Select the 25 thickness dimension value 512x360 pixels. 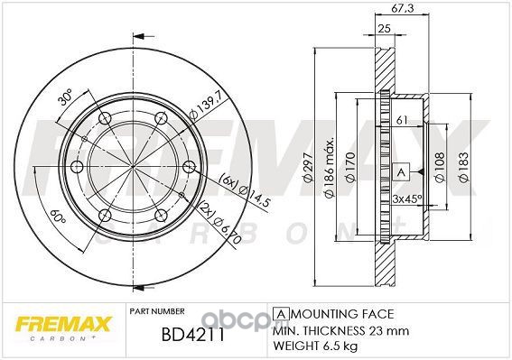tap(385, 28)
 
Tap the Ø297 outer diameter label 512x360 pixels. tap(309, 167)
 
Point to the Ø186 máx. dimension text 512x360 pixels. tap(329, 168)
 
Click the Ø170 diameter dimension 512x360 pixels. tap(349, 167)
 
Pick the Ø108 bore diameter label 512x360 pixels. tap(440, 167)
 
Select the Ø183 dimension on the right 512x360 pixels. tap(463, 167)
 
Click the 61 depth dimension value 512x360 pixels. tap(402, 120)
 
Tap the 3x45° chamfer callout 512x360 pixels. tap(407, 198)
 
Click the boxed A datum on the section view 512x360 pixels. tap(401, 171)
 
